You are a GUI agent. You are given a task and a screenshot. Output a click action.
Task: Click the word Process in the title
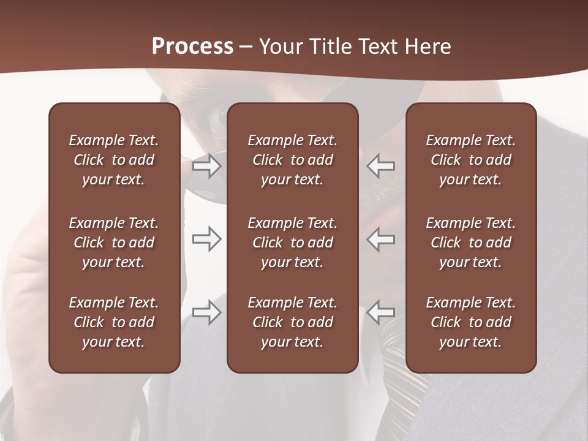point(192,47)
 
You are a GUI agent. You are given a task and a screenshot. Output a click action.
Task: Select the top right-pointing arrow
point(207,165)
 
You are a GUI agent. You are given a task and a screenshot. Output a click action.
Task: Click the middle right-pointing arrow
point(207,239)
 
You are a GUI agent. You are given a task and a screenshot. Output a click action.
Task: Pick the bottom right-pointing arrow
point(207,312)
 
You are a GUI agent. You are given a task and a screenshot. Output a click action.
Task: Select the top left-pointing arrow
point(381,165)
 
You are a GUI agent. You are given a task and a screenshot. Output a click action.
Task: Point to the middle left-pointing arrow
point(381,239)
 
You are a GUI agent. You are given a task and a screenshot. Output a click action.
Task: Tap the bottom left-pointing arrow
point(381,312)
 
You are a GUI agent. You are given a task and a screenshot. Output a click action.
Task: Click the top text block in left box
point(114,160)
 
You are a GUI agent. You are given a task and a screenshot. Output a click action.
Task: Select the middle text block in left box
point(114,243)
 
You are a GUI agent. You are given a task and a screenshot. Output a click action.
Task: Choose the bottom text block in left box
point(114,322)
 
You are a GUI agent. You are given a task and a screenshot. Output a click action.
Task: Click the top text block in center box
point(293,160)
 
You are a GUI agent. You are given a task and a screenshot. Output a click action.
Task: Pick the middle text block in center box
point(293,243)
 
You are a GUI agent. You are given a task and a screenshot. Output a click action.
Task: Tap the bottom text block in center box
point(293,322)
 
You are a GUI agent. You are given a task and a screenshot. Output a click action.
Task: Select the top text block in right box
point(471,160)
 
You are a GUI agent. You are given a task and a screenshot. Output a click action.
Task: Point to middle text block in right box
point(471,243)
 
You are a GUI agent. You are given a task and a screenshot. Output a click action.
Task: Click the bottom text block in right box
point(471,322)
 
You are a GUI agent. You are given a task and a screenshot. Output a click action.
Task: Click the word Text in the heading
point(379,47)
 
